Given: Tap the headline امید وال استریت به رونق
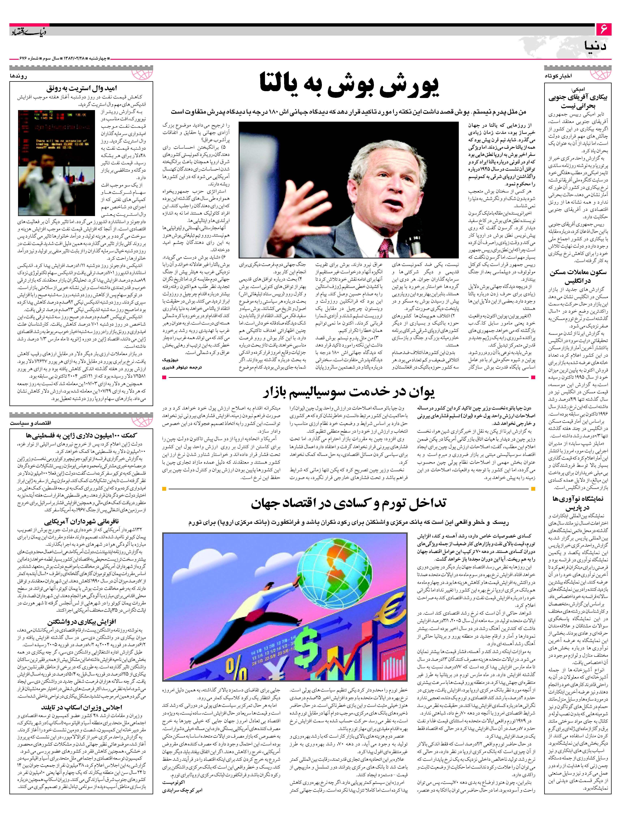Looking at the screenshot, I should pyautogui.click(x=81, y=88).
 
